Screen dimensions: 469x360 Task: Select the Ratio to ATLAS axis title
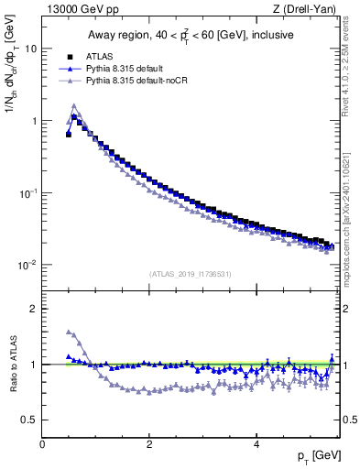point(13,364)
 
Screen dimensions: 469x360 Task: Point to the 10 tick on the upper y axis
point(31,49)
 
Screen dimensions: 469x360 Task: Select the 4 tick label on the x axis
point(256,443)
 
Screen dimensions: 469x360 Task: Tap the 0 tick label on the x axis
point(43,443)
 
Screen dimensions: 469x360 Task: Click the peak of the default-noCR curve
point(74,105)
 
